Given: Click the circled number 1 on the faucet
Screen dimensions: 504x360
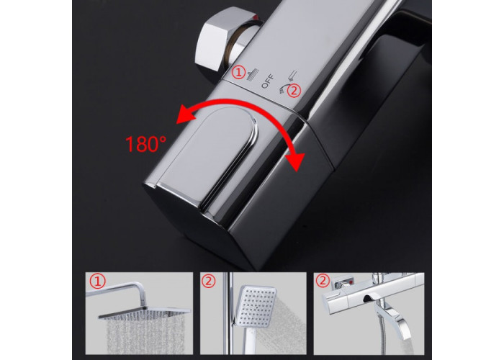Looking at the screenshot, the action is [x=239, y=72].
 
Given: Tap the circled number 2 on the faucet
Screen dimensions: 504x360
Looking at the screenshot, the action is [x=294, y=90].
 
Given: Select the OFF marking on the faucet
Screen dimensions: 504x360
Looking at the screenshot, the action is [x=267, y=81].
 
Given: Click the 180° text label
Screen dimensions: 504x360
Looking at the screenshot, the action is [x=145, y=144].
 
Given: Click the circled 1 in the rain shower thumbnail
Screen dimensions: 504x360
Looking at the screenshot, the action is [x=97, y=282].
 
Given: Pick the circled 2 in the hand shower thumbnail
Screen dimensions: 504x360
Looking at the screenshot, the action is [x=209, y=282].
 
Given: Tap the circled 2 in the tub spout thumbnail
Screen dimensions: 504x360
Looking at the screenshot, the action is [x=323, y=281].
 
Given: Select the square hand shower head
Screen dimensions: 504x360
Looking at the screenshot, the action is [x=256, y=306].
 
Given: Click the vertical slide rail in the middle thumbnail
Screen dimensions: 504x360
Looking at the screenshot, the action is [x=230, y=313].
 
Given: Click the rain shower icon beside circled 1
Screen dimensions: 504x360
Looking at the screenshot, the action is [x=251, y=75].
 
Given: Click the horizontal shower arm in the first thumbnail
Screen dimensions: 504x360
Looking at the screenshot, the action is [x=117, y=285].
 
